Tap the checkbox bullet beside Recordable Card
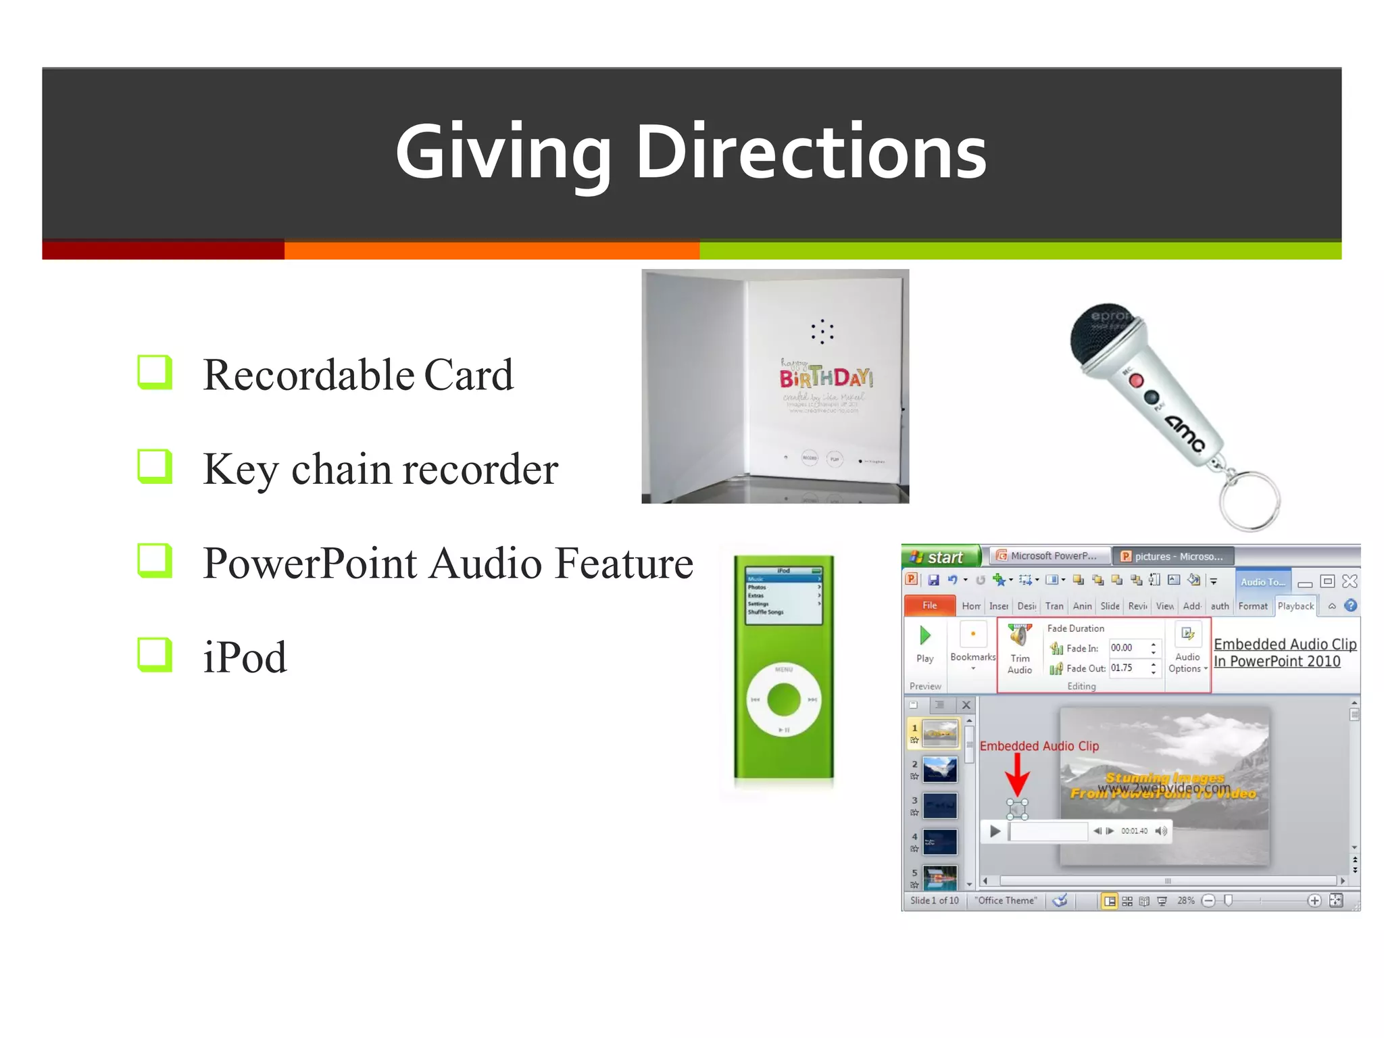154,372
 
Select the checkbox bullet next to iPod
154,654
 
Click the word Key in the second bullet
241,469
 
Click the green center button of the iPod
784,699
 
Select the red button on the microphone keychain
1136,381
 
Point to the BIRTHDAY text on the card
826,377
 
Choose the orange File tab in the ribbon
929,605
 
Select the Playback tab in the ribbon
1295,606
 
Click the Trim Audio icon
1020,637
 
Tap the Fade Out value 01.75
1122,668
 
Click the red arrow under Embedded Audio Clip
1017,776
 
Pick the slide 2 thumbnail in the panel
940,770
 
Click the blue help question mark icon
1350,605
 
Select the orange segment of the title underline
491,251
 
